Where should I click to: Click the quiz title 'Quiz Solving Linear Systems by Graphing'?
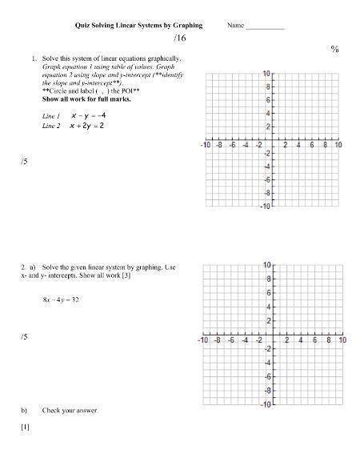[x=138, y=26]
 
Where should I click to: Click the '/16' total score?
[x=178, y=38]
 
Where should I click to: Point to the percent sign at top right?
[x=334, y=50]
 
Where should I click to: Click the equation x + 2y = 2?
[x=86, y=127]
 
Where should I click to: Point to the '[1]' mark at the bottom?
[x=26, y=427]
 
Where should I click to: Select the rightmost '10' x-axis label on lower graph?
[x=342, y=340]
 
